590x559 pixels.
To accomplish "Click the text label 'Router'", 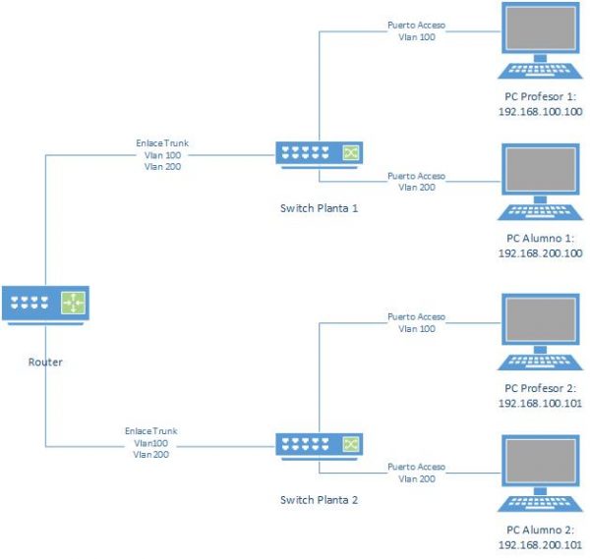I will [x=45, y=363].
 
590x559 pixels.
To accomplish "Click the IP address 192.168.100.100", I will [x=541, y=112].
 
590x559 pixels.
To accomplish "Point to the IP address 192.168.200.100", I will [x=541, y=252].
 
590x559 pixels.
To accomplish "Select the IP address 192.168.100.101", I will [x=541, y=404].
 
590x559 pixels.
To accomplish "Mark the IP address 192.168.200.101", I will [x=541, y=543].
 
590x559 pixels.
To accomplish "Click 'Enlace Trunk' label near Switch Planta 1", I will [x=162, y=142].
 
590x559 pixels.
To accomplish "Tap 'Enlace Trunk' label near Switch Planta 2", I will [x=152, y=430].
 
